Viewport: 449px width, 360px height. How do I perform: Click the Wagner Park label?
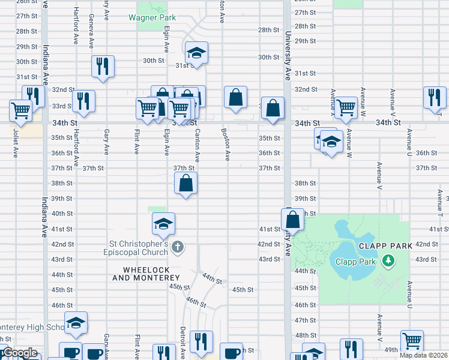coord(152,17)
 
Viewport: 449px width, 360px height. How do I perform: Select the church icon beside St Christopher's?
coord(177,247)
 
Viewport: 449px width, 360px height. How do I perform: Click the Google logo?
coord(19,353)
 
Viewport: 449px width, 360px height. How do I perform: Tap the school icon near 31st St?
coord(196,53)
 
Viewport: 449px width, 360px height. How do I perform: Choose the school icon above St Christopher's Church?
coord(163,224)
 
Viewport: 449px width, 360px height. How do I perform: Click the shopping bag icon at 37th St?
coord(186,184)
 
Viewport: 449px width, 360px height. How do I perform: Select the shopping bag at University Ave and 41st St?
coord(292,220)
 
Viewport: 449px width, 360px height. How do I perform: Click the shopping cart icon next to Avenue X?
coord(346,108)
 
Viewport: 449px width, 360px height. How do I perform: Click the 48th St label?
coord(306,335)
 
